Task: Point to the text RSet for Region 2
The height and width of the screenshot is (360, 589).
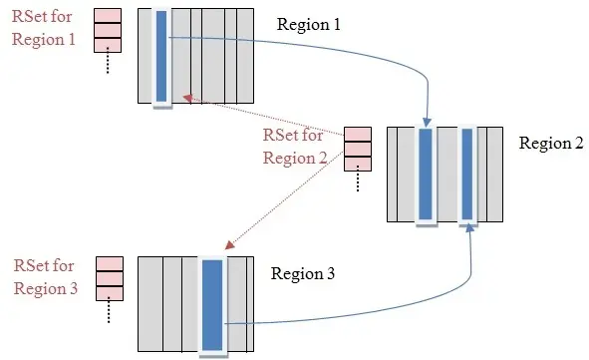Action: point(294,146)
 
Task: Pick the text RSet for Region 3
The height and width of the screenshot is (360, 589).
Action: point(44,276)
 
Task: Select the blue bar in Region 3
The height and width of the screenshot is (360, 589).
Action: point(212,304)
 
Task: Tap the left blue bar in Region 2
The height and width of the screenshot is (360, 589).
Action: point(426,174)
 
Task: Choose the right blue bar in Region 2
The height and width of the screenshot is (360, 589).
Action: point(467,174)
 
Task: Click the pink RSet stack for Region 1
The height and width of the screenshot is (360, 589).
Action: point(108,30)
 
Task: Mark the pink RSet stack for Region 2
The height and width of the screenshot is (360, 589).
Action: point(357,149)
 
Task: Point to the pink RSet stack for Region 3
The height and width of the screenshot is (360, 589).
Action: point(109,278)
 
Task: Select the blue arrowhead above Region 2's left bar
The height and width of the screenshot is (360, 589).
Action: point(427,119)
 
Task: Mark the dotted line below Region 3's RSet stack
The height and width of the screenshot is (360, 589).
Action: point(109,311)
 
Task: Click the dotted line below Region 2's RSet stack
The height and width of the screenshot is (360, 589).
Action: point(357,182)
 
